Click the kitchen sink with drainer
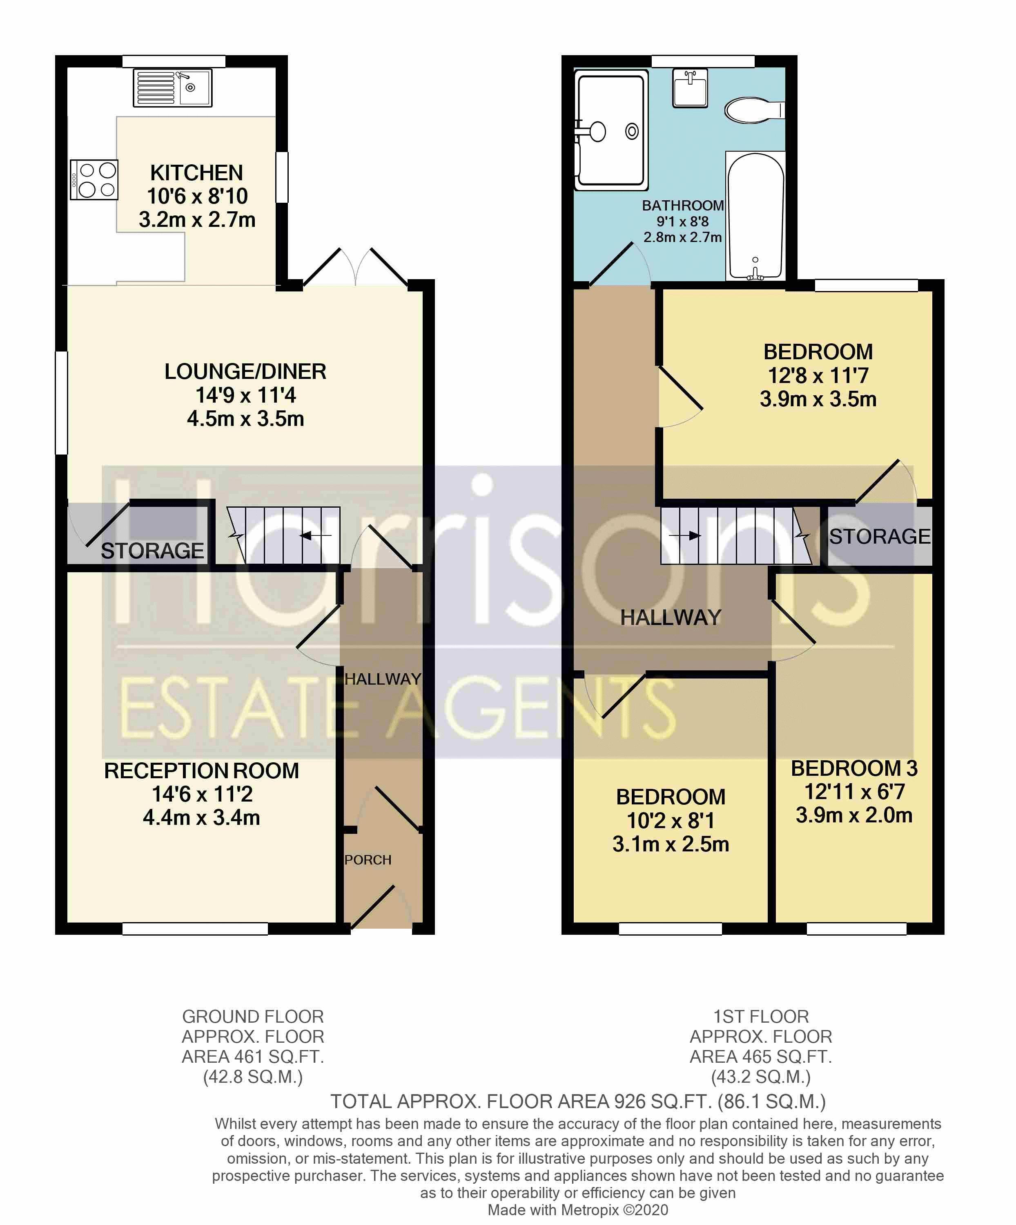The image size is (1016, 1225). click(x=173, y=88)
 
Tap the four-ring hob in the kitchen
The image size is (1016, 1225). click(x=94, y=180)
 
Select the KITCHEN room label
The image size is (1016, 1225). click(x=196, y=172)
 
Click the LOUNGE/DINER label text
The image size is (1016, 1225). click(x=245, y=372)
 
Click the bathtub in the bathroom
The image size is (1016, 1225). click(x=755, y=216)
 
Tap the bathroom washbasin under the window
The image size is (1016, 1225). click(x=690, y=88)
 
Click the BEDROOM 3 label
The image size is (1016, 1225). click(x=854, y=768)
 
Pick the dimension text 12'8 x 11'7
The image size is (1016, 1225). click(x=818, y=376)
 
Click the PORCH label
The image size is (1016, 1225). click(x=368, y=860)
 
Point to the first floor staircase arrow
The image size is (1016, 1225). click(x=685, y=535)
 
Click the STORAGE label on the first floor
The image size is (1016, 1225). click(x=880, y=537)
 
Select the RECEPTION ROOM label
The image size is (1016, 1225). click(x=201, y=770)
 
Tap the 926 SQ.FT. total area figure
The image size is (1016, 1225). click(x=662, y=1101)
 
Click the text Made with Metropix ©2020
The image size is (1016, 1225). click(x=578, y=1210)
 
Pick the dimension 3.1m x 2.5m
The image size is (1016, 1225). click(x=671, y=844)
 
